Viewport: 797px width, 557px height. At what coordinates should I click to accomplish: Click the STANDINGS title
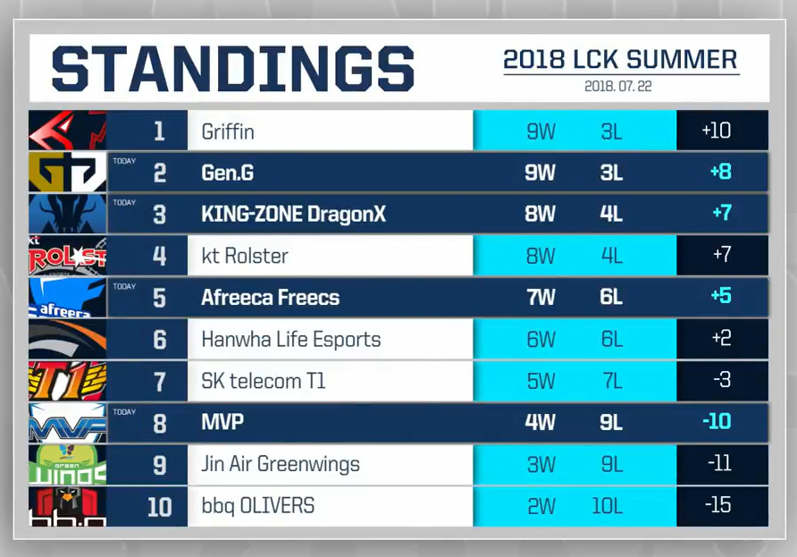point(232,69)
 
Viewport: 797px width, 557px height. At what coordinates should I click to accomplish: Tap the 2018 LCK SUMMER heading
point(620,60)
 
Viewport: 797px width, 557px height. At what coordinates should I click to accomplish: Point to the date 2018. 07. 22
point(620,87)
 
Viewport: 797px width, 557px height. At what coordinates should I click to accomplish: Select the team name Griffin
point(228,131)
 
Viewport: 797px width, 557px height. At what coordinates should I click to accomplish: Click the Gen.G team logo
point(67,173)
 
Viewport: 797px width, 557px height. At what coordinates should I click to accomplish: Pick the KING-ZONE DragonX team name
point(293,215)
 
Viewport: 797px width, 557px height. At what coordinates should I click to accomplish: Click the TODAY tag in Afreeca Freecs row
point(124,287)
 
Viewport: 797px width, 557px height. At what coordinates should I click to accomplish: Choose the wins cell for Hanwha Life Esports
point(541,340)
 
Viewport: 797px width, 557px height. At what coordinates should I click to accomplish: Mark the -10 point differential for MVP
point(717,422)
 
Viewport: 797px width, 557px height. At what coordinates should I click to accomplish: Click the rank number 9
point(160,465)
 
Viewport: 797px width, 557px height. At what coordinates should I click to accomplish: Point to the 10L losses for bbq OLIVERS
point(607,506)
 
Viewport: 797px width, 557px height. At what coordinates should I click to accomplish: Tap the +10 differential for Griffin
point(717,131)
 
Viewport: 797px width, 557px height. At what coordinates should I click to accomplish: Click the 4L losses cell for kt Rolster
point(611,257)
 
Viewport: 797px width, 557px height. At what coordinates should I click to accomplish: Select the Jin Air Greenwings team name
point(281,465)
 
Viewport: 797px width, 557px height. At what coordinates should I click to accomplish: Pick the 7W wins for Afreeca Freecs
point(541,298)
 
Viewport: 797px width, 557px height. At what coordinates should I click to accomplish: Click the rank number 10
point(159,507)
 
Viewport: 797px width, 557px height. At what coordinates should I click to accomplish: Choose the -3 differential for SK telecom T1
point(722,381)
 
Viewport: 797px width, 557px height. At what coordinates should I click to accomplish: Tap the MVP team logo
point(67,423)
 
